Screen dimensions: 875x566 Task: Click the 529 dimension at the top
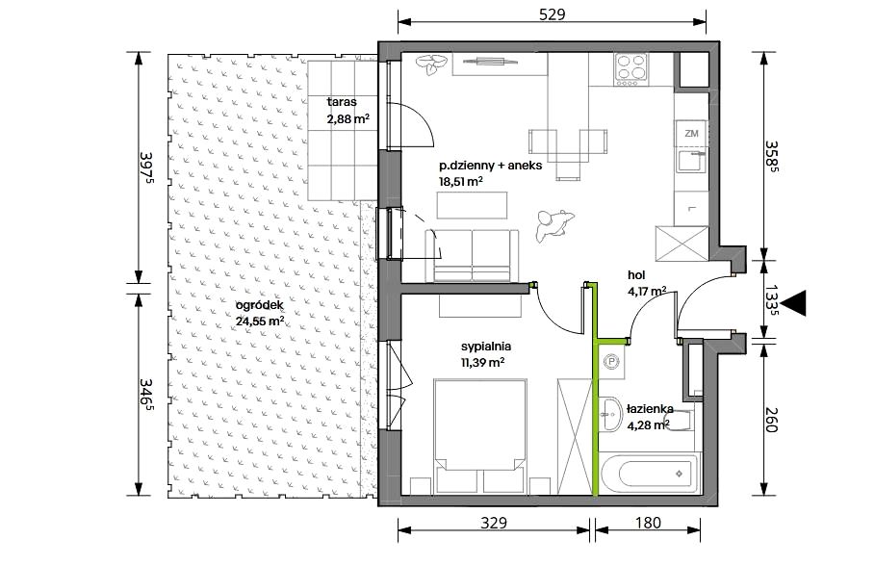[552, 13]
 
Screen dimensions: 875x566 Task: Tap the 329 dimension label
[494, 523]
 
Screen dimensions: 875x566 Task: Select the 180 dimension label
[648, 523]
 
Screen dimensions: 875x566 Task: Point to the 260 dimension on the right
[771, 419]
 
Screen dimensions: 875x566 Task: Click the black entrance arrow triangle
[793, 303]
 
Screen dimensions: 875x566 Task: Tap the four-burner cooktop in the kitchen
[631, 69]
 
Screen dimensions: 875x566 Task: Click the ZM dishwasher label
[691, 134]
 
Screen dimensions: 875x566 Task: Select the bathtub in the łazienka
[651, 474]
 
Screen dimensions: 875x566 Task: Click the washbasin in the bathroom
[611, 414]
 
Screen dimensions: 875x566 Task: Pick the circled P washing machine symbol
[612, 362]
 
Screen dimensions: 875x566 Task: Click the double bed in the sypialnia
[480, 436]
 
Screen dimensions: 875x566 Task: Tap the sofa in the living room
[472, 255]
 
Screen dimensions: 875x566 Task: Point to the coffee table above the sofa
[472, 205]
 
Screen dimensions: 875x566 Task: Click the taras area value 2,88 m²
[348, 118]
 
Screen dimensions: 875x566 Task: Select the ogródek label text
[260, 305]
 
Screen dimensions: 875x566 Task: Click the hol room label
[636, 274]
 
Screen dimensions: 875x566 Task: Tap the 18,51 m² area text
[460, 181]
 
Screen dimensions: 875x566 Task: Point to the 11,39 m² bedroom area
[482, 362]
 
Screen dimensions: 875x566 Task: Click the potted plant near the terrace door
[432, 64]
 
